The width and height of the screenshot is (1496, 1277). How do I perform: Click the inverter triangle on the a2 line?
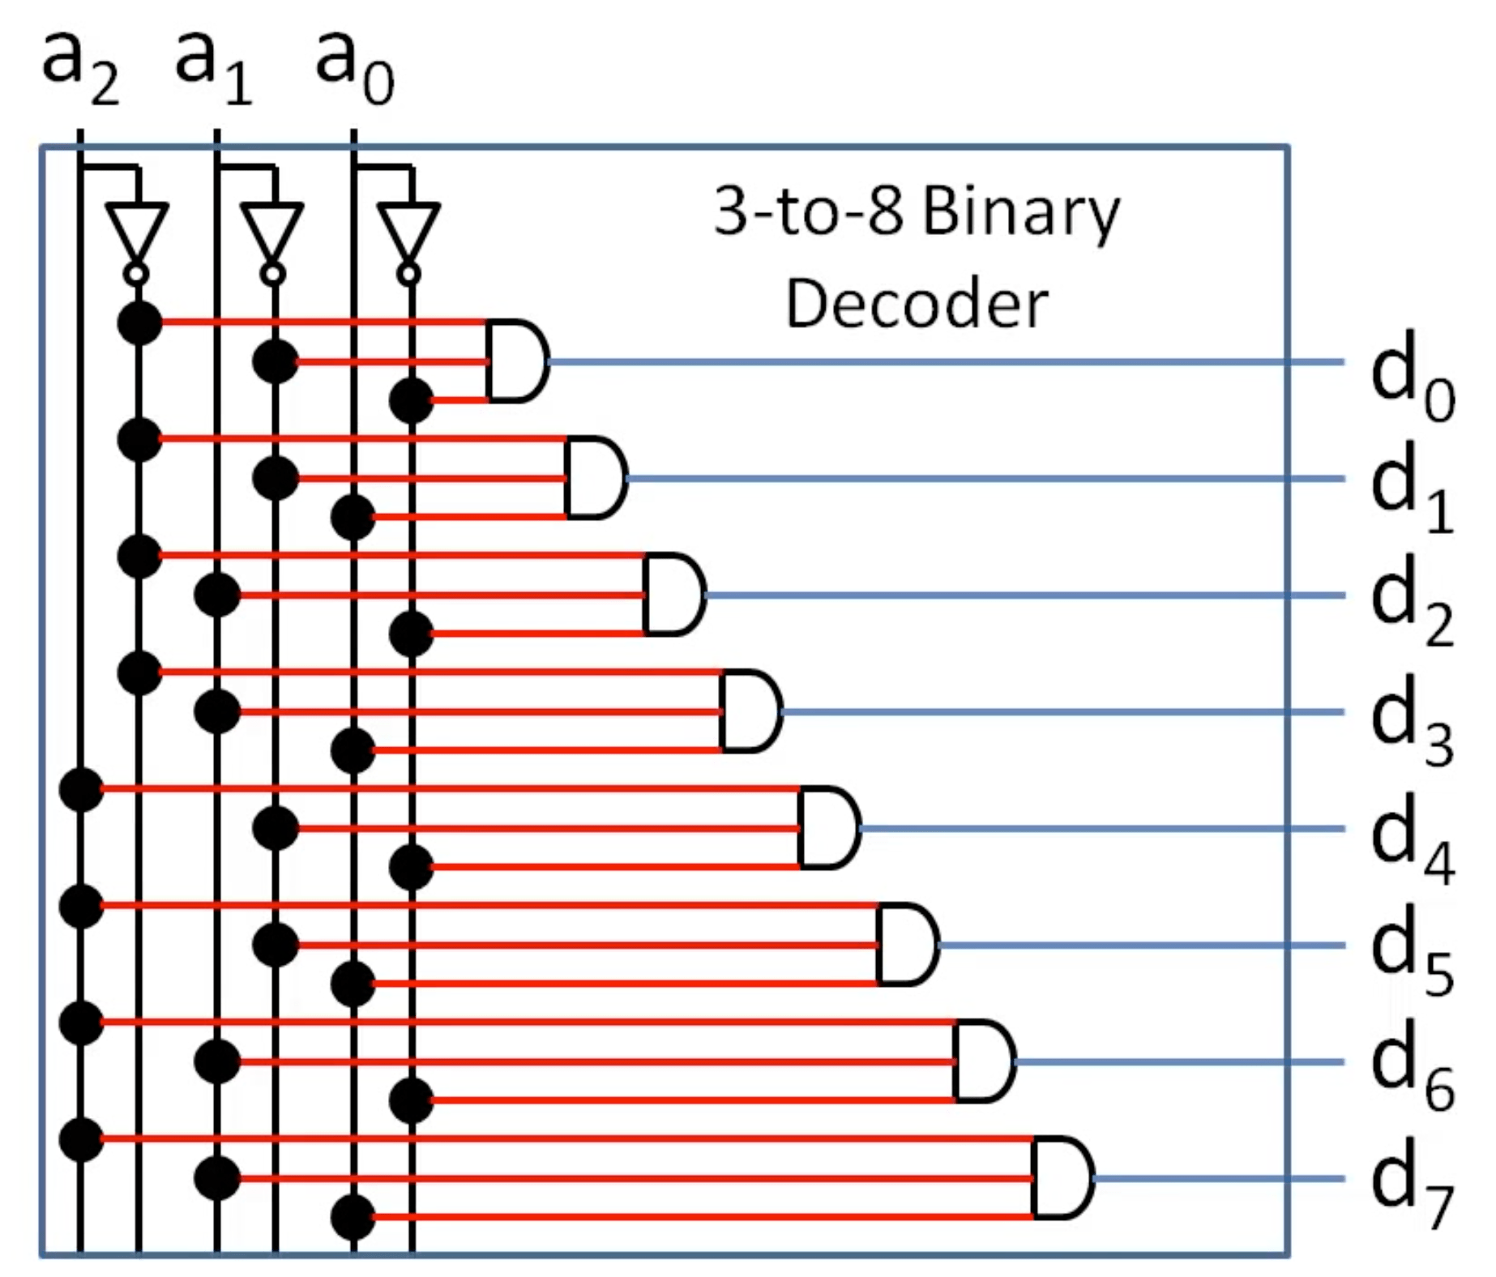click(x=137, y=231)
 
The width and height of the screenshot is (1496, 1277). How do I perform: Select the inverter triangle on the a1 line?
click(x=272, y=231)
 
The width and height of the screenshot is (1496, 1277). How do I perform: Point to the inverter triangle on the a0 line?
click(x=409, y=231)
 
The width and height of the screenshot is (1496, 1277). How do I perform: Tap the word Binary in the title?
click(x=1020, y=212)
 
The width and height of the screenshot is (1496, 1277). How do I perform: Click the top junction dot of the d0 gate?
click(x=139, y=322)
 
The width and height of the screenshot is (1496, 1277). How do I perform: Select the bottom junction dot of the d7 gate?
click(x=353, y=1217)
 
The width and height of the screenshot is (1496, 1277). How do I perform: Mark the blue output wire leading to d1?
click(x=972, y=478)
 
